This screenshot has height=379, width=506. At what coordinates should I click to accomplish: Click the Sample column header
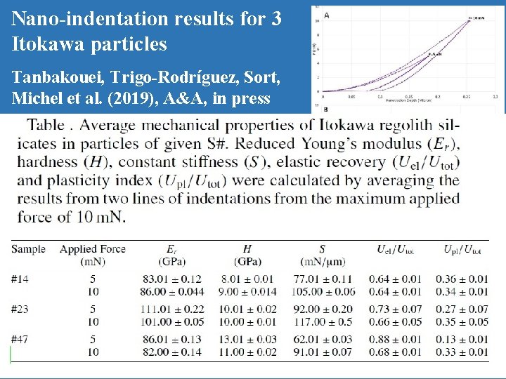[x=29, y=249]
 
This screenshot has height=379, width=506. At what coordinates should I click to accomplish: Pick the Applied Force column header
[x=93, y=249]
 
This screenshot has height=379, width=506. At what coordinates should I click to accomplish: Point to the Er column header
[x=171, y=249]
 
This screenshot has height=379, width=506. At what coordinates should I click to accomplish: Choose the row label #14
[x=20, y=279]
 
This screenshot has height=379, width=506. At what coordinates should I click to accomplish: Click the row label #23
[x=20, y=310]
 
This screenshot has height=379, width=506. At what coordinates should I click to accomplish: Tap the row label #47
[x=20, y=340]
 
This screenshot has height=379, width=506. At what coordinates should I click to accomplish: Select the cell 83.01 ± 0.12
[x=171, y=279]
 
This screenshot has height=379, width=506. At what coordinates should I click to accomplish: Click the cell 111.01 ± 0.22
[x=171, y=310]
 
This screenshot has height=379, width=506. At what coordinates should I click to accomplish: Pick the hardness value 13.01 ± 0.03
[x=247, y=340]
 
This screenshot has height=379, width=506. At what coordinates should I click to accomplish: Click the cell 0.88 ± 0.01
[x=399, y=340]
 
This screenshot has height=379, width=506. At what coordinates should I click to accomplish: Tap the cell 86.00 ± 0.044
[x=171, y=292]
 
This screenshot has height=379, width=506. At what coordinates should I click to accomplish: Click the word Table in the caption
[x=48, y=126]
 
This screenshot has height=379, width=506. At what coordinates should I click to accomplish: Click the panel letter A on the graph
[x=327, y=14]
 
